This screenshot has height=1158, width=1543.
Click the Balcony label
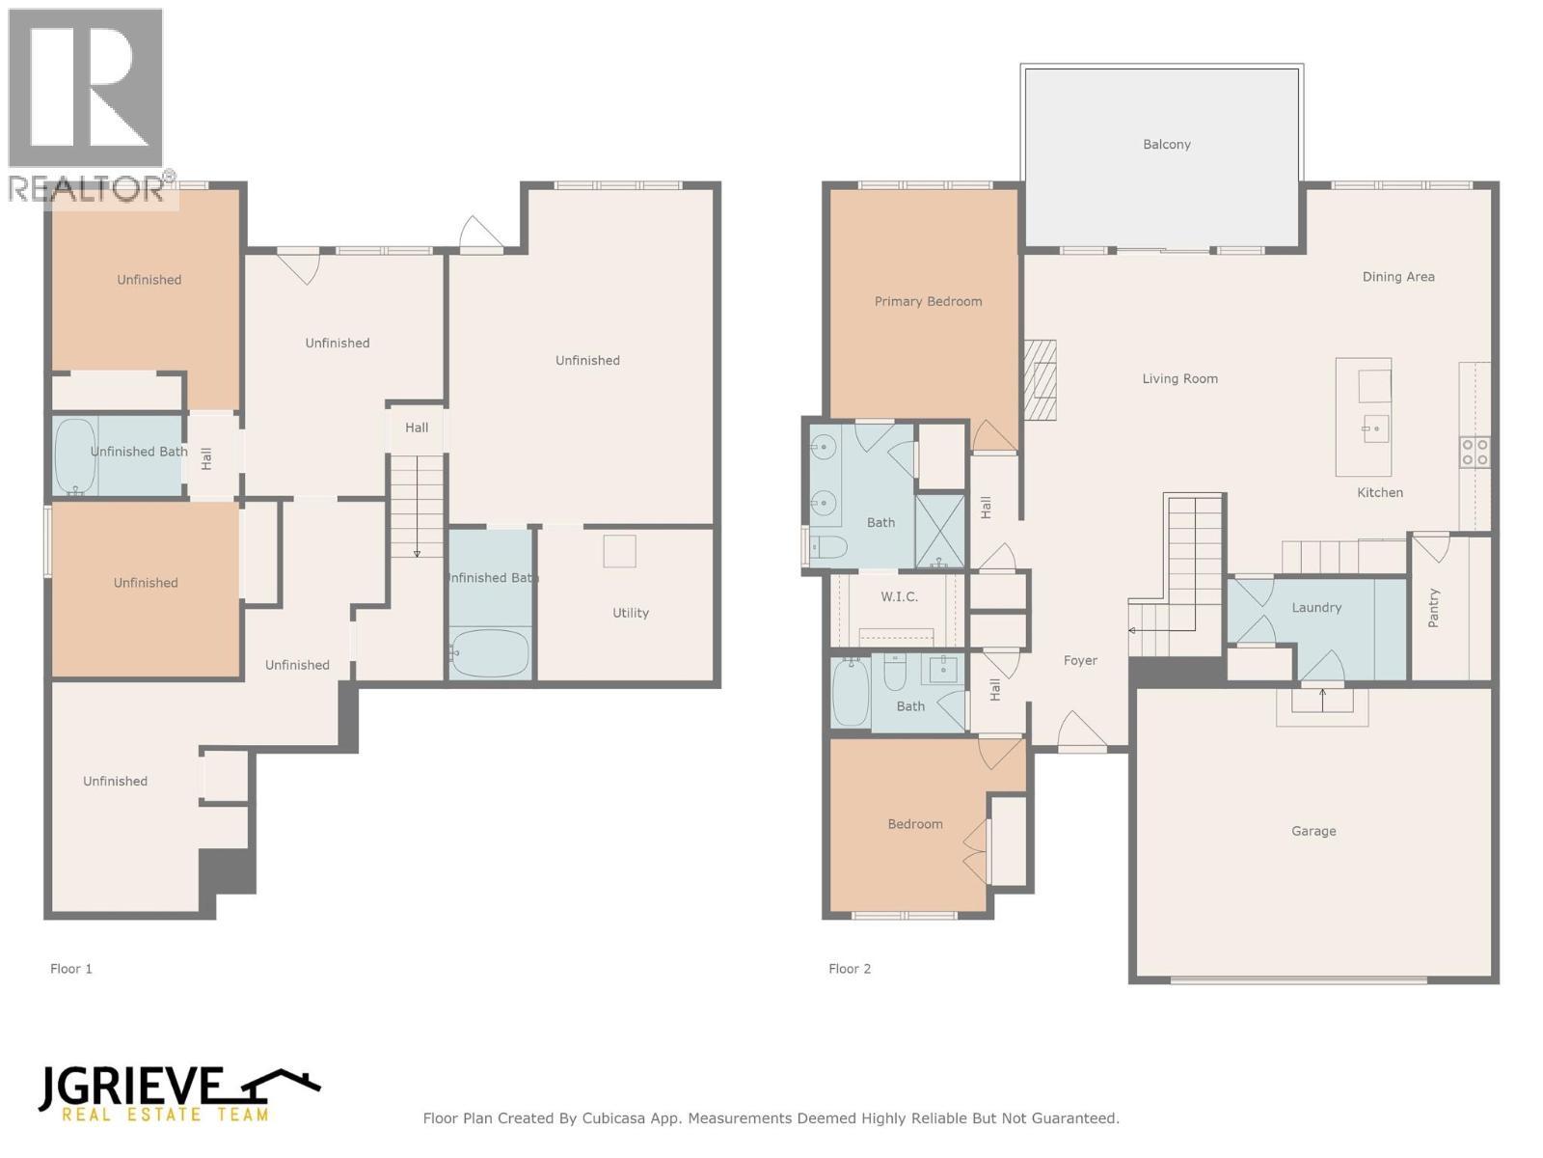[x=1166, y=145]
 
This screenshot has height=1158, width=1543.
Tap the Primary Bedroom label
[x=928, y=302]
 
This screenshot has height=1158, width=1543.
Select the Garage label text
[x=1313, y=831]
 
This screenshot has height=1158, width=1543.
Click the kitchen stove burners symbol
[x=1475, y=453]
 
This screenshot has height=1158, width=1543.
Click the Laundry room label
[x=1316, y=608]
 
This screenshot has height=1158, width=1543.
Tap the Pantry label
[x=1433, y=608]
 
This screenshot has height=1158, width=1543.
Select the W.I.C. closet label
[x=899, y=597]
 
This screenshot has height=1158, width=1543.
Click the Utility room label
[x=631, y=613]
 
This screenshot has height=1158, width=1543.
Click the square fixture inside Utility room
[x=620, y=551]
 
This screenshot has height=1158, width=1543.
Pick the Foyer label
[x=1080, y=661]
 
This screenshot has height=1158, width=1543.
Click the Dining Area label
[x=1397, y=277]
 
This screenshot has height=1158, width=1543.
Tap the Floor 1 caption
[x=71, y=969]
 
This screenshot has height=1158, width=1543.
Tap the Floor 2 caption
[x=850, y=969]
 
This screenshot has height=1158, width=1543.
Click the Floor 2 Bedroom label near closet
[x=915, y=824]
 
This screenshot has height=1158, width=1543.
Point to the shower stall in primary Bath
[x=939, y=531]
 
